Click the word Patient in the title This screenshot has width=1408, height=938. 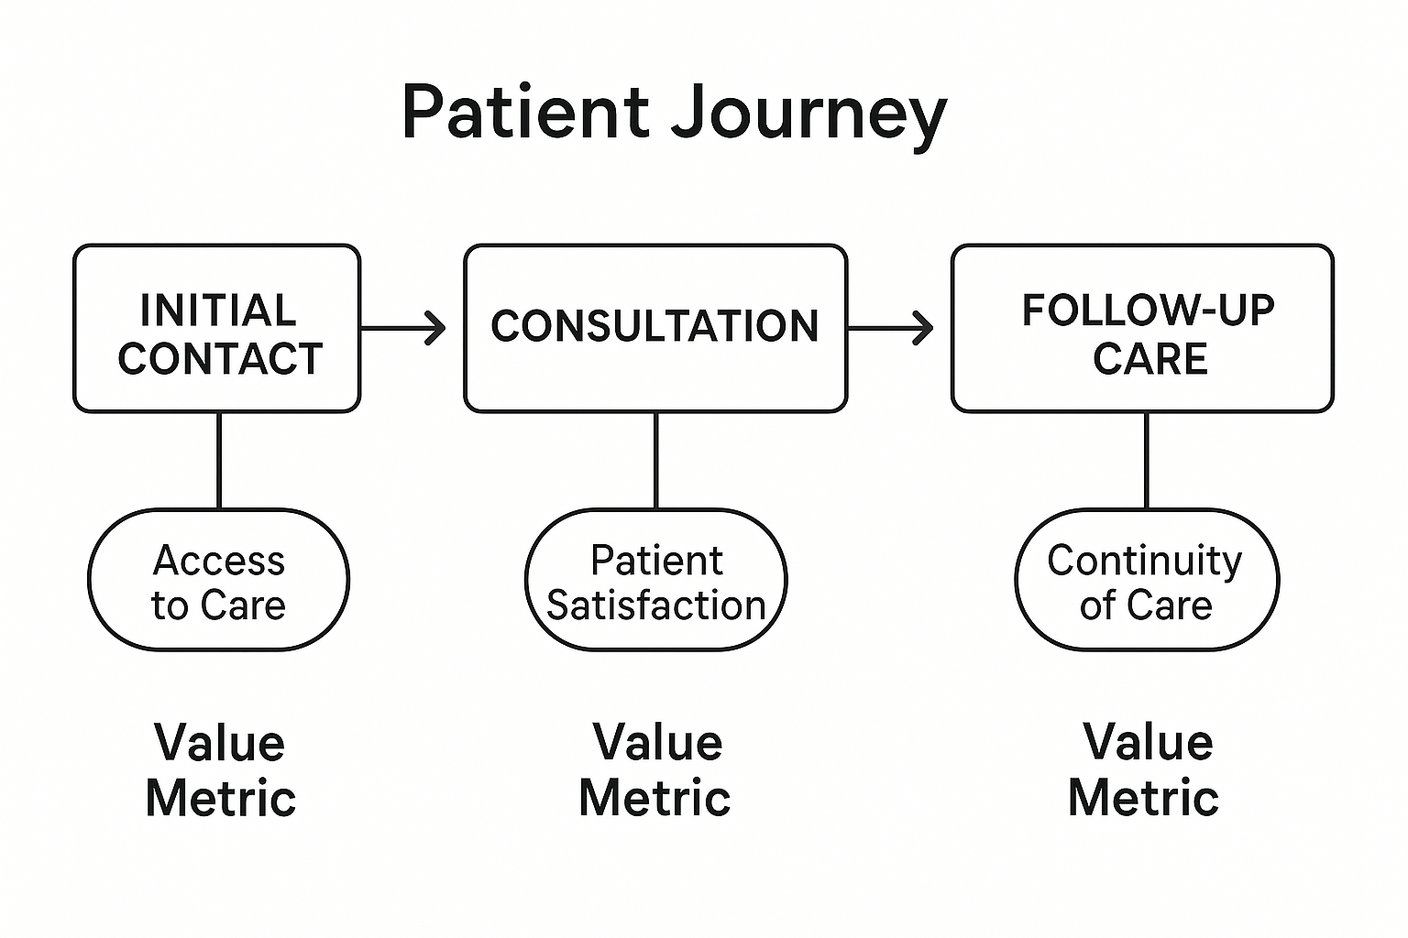click(524, 113)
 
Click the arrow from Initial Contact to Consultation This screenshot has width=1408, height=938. click(403, 327)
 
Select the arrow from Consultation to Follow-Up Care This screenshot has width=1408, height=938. click(890, 327)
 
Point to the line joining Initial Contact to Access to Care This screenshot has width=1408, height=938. click(219, 460)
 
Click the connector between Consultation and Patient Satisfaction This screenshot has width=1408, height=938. click(655, 460)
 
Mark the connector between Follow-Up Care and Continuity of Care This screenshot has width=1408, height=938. click(1147, 460)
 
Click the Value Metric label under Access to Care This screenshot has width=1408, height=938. click(220, 769)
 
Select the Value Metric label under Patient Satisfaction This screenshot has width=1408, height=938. click(655, 769)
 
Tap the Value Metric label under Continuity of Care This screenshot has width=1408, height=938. click(1145, 769)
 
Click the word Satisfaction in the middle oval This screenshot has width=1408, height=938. click(655, 605)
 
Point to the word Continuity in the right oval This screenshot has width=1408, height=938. click(1145, 561)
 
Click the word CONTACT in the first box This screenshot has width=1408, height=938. click(220, 358)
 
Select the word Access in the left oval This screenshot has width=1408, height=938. click(219, 561)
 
